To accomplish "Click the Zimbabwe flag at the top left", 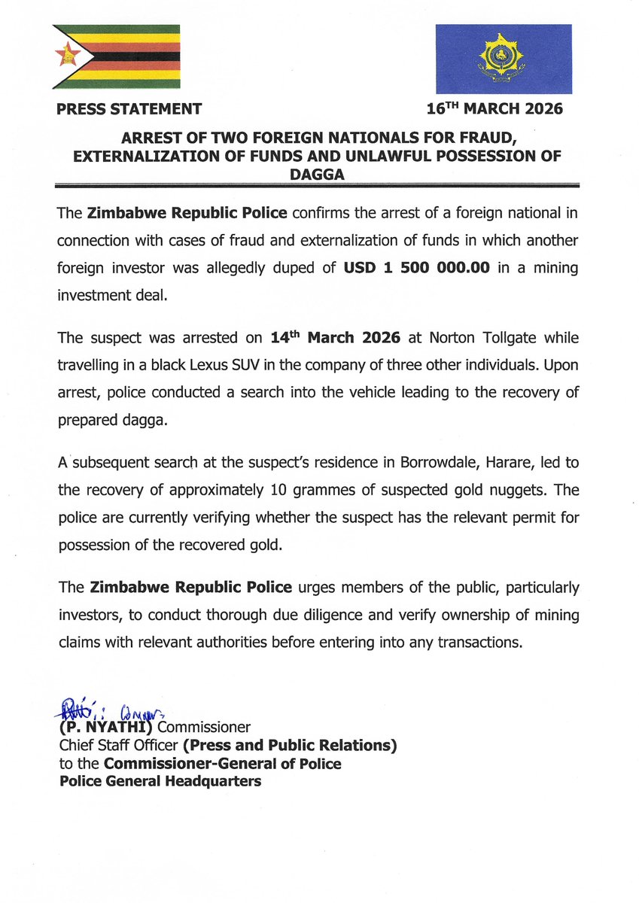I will click(x=116, y=56).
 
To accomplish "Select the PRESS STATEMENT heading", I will click(x=129, y=109).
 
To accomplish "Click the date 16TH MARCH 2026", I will click(x=494, y=108).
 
